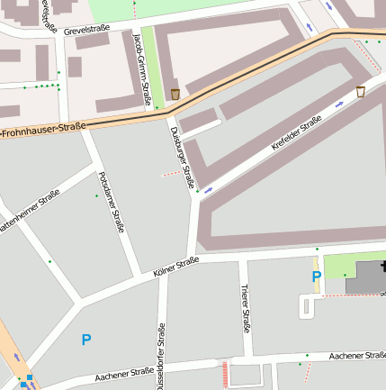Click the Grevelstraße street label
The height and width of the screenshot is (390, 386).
tap(87, 30)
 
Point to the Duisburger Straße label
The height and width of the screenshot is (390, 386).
tap(182, 158)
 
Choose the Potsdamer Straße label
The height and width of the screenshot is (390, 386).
tap(111, 203)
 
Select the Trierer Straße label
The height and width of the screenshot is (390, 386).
tap(245, 307)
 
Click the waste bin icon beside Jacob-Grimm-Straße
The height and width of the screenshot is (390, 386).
tap(175, 94)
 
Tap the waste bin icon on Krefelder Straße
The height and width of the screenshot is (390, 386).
tap(361, 91)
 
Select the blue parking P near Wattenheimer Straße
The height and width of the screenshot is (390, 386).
tap(86, 340)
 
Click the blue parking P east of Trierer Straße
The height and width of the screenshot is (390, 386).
tap(316, 277)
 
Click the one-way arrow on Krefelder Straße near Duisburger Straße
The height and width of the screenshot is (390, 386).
tap(209, 190)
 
